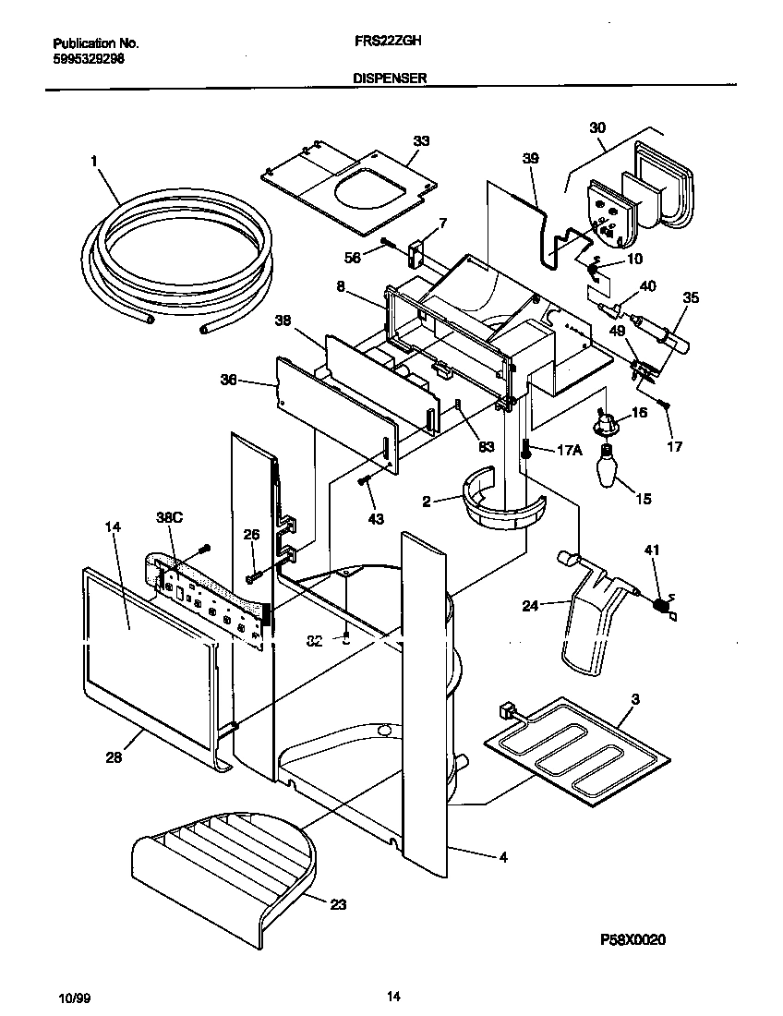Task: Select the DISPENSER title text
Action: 389,79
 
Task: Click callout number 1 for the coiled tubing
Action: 94,161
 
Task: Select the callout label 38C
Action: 171,519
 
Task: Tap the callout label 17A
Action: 570,451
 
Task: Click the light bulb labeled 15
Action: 608,466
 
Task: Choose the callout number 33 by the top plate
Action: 421,141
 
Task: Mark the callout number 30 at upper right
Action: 597,127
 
